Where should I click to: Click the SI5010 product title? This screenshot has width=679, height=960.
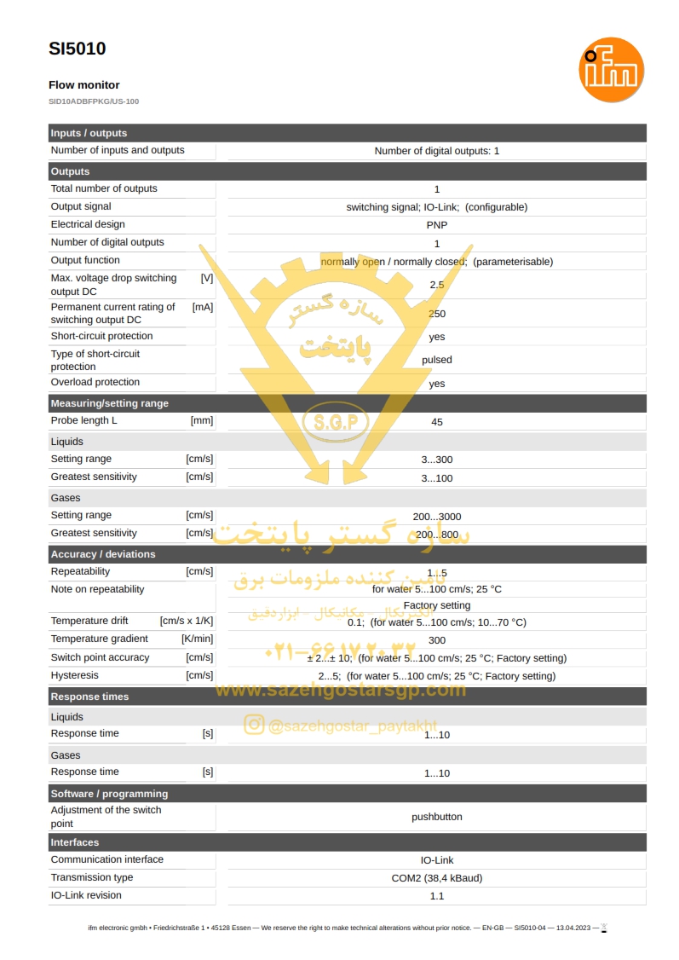point(78,49)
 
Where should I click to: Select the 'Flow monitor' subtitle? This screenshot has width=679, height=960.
point(83,85)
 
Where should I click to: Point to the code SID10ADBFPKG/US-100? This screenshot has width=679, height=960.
point(94,101)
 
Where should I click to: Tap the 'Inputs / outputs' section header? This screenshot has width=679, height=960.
point(89,133)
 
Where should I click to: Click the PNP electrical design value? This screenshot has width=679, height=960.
point(437,225)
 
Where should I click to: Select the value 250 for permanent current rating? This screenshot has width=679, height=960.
point(437,314)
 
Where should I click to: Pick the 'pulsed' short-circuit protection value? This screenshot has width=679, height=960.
point(437,360)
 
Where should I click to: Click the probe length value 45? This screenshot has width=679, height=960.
point(437,422)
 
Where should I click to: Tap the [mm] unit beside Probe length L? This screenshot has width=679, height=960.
point(202,420)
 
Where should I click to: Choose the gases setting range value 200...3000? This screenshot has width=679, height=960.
point(437,517)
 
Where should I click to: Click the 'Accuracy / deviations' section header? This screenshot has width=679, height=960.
point(103,554)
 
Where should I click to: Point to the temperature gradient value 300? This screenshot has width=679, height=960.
point(437,640)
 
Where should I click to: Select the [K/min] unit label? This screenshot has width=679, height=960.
point(198,639)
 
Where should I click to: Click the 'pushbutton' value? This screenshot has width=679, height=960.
point(437,817)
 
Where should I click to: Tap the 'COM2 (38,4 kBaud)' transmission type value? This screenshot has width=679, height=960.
point(437,878)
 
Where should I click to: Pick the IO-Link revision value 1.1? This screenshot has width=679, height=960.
point(437,896)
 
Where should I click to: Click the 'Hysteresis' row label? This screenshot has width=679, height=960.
point(75,675)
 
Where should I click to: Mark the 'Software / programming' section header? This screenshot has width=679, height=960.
point(109,794)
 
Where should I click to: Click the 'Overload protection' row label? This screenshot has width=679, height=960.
point(95,382)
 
